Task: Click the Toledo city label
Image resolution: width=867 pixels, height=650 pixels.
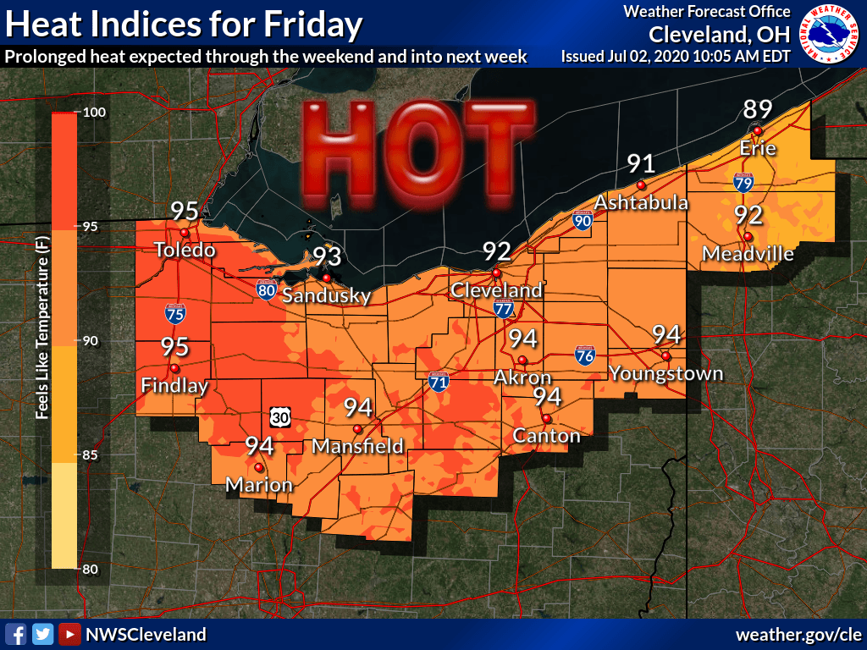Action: coord(185,251)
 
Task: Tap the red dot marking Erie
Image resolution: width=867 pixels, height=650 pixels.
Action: coord(758,130)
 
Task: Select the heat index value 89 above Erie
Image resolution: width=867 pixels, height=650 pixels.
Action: coord(758,110)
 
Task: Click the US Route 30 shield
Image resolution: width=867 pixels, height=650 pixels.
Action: coord(282,417)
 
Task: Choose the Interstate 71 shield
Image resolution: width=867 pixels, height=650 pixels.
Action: coord(438,383)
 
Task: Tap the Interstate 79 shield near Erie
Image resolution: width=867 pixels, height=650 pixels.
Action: coord(739,180)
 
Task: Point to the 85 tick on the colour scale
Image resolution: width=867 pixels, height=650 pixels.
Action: coord(91,455)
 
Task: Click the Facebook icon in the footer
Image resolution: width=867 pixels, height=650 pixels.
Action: coord(16,634)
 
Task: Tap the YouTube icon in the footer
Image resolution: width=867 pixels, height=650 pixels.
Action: coord(70,634)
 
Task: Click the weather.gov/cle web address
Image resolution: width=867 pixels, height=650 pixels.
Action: coord(798,634)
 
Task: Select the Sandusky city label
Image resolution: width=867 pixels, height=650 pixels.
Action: coord(326,296)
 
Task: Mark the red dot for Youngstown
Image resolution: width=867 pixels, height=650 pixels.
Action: coord(665,356)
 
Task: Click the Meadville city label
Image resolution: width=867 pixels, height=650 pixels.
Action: coord(748,254)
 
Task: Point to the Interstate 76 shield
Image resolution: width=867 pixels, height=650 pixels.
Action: coord(583,355)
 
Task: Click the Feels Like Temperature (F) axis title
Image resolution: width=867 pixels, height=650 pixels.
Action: coord(40,340)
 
